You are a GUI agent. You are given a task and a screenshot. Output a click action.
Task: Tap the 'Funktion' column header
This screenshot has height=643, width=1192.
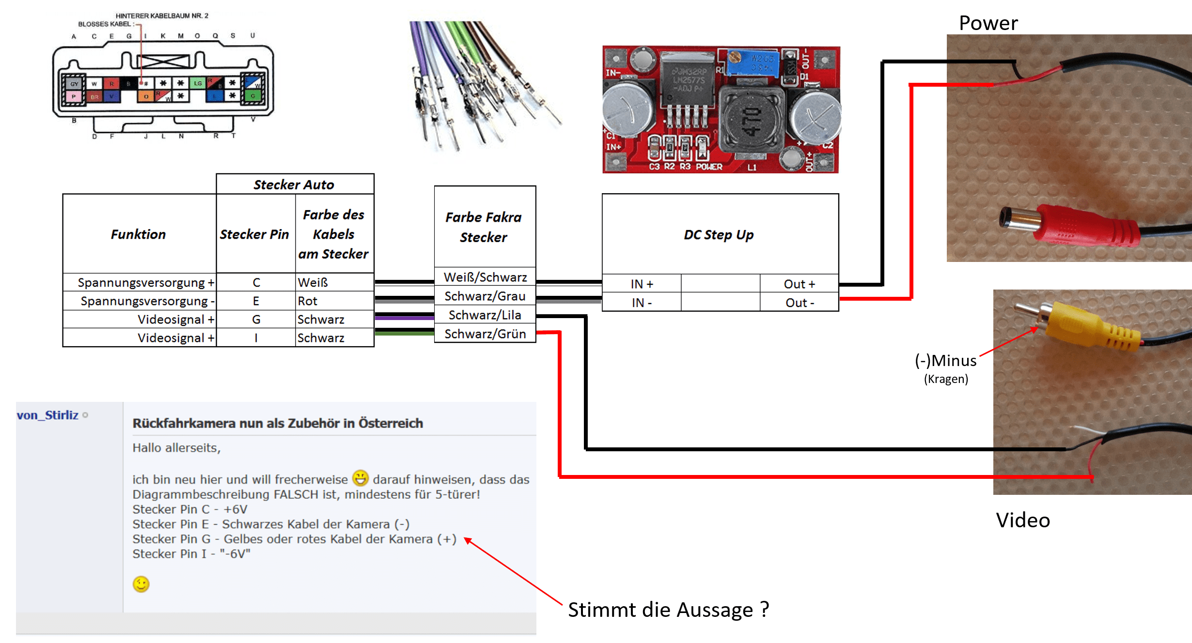coord(139,234)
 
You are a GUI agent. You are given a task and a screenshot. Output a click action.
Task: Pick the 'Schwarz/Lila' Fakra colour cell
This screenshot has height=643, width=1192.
coord(485,315)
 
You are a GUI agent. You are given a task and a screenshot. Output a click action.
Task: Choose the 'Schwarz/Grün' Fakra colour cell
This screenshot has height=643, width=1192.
coord(485,334)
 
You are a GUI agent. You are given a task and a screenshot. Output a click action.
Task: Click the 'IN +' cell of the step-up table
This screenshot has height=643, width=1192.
coord(642,284)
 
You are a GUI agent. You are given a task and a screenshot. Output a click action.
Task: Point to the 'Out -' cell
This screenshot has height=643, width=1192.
coord(800,303)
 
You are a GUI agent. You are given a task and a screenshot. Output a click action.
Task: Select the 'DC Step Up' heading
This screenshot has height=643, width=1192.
coord(719,235)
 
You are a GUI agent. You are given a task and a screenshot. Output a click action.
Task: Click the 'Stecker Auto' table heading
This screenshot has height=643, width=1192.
coord(294,185)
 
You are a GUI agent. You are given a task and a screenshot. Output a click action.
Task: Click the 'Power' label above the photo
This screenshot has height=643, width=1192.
coord(988,23)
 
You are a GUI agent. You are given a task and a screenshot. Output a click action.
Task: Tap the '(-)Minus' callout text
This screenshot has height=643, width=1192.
coord(945,361)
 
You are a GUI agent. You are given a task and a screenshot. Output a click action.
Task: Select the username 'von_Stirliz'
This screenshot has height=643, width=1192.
coord(47,415)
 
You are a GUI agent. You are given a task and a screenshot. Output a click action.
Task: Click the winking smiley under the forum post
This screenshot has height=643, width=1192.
coord(141,584)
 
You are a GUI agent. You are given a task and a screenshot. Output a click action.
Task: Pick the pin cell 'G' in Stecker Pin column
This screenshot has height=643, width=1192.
coord(256,320)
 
